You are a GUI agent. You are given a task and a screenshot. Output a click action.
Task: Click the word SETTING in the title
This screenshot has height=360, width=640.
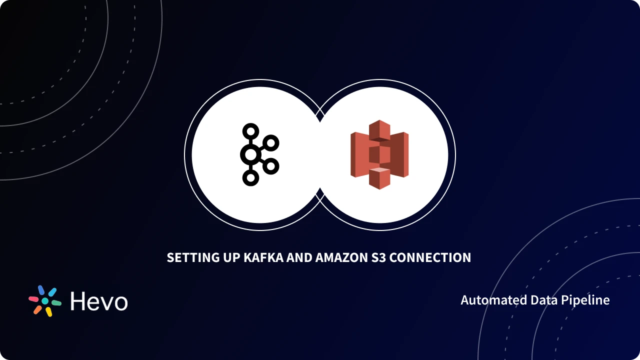(x=191, y=257)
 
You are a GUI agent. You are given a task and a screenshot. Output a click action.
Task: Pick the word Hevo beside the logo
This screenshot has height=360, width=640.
(x=99, y=301)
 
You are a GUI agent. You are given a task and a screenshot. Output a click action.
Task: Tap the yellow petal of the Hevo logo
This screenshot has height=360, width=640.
(x=49, y=312)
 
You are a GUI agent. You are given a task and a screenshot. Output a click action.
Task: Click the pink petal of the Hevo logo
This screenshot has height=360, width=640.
(x=33, y=299)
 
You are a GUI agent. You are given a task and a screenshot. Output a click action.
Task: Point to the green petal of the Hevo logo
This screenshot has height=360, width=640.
(x=56, y=302)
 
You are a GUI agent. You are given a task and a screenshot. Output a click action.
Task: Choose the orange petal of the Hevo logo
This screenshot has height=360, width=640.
(x=37, y=309)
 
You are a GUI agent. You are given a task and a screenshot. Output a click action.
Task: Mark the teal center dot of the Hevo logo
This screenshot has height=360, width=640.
(x=45, y=301)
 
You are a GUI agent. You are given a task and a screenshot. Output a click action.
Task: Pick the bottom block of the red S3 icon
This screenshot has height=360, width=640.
(x=379, y=178)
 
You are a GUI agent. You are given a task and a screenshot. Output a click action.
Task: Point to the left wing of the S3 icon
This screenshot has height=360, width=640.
(x=359, y=154)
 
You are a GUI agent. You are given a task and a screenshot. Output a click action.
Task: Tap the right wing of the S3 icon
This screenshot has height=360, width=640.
(x=399, y=154)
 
